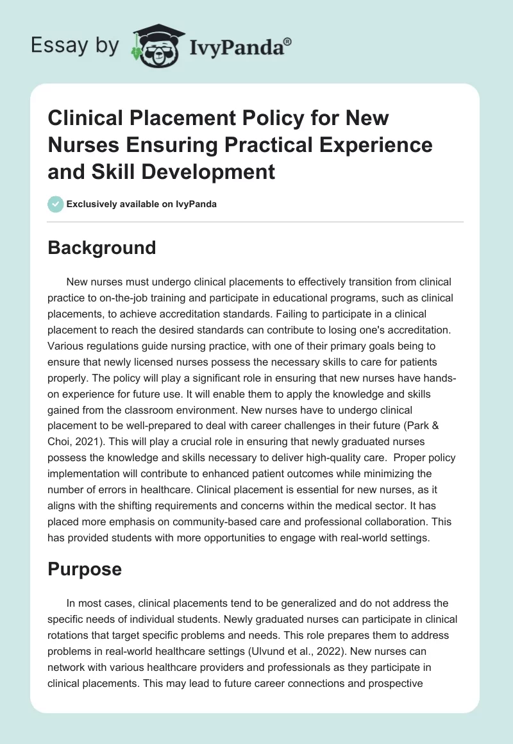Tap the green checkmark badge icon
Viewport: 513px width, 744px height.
pyautogui.click(x=55, y=205)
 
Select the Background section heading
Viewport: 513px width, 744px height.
pyautogui.click(x=101, y=248)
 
